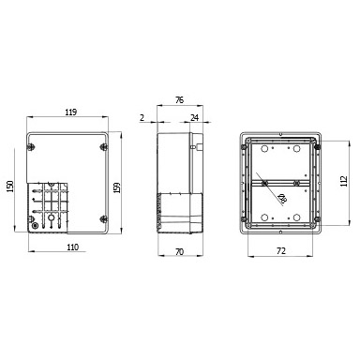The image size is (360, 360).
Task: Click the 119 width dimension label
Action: click(x=71, y=112)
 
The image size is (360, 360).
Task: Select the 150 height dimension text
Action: click(x=10, y=187)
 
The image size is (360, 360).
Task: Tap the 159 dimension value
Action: click(x=117, y=187)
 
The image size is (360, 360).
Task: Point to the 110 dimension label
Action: click(x=72, y=247)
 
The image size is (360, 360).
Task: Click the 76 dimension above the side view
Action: click(x=179, y=100)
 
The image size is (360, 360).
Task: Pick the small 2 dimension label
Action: click(x=142, y=118)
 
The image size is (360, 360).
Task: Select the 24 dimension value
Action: click(x=195, y=118)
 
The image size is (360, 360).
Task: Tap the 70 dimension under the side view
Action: click(x=179, y=251)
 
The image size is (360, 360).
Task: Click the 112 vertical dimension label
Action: click(x=344, y=181)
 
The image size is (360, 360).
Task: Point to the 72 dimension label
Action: click(x=281, y=250)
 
